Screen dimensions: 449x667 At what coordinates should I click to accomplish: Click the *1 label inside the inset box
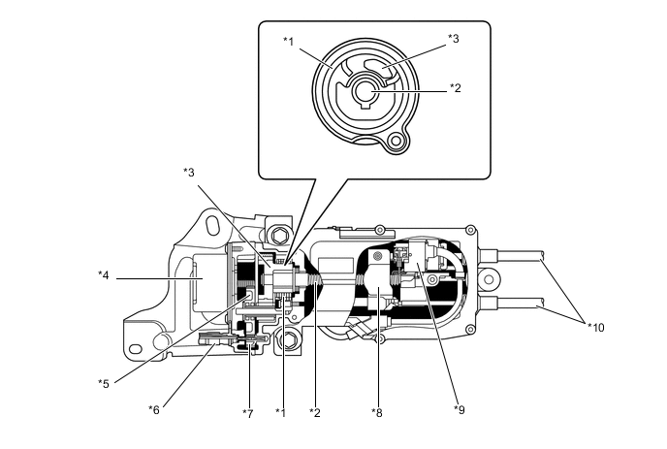pos(288,40)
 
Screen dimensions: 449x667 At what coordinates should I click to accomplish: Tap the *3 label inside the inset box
pos(453,39)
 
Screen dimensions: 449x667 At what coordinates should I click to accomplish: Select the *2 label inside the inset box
pos(455,88)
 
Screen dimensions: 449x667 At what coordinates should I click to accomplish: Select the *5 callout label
pos(104,383)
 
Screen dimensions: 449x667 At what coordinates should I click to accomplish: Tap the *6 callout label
pos(154,408)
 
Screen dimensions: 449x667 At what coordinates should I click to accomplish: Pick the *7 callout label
pos(247,413)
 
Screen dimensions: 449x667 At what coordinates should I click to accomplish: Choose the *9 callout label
pos(459,409)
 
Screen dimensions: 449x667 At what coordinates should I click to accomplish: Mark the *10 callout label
pos(595,327)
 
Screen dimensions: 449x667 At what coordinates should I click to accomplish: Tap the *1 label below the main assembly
pos(281,413)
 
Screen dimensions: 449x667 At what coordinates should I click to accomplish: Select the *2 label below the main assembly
pos(314,413)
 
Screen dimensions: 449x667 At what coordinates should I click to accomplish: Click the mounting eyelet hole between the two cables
pos(490,280)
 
